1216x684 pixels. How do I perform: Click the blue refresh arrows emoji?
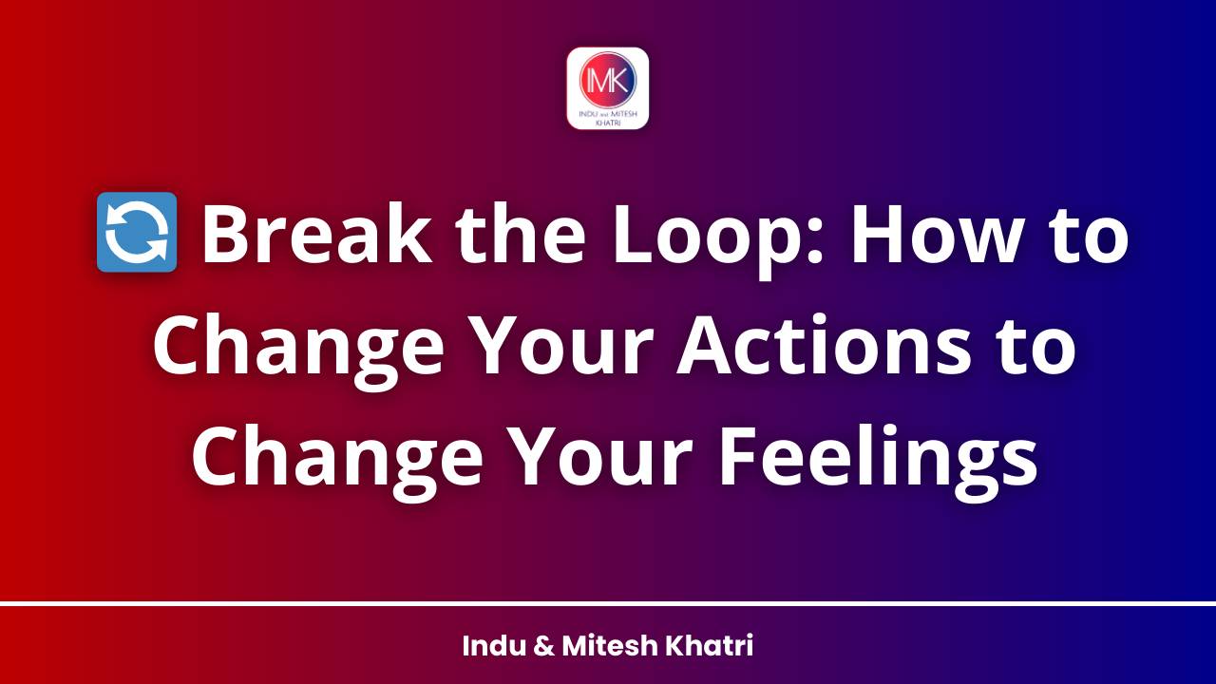pos(137,233)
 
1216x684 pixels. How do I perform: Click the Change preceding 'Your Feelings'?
pos(335,455)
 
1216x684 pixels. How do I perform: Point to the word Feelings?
pos(875,455)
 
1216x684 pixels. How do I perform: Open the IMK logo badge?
pos(608,88)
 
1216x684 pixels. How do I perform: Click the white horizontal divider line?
pos(608,603)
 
